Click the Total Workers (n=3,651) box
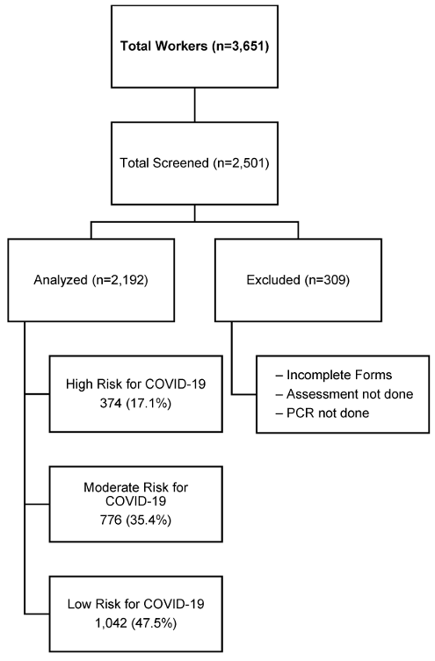coord(194,47)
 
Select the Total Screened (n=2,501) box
coord(194,163)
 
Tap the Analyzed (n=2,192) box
coord(91,280)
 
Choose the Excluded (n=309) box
coord(298,280)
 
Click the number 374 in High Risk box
coord(111,404)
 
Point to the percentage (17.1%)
coord(149,404)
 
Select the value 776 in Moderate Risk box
coord(111,520)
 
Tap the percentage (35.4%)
coord(149,520)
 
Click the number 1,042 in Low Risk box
coord(111,623)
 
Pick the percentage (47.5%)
coord(154,623)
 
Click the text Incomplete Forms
coord(339,375)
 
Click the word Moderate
coord(108,487)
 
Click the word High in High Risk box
coord(79,384)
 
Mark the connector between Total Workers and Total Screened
coord(194,105)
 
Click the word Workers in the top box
coord(183,46)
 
